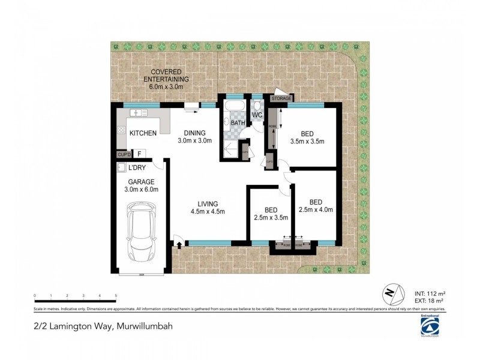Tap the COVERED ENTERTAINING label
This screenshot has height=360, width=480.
[166, 79]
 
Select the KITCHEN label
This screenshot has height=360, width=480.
[143, 133]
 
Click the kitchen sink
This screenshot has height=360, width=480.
[139, 113]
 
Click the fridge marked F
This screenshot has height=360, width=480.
[139, 154]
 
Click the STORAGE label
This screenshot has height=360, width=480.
[281, 98]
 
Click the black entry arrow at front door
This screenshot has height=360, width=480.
[178, 243]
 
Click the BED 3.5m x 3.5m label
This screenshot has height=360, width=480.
[307, 137]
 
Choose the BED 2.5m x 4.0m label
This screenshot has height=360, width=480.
[316, 206]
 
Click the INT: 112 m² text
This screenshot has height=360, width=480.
[430, 293]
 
